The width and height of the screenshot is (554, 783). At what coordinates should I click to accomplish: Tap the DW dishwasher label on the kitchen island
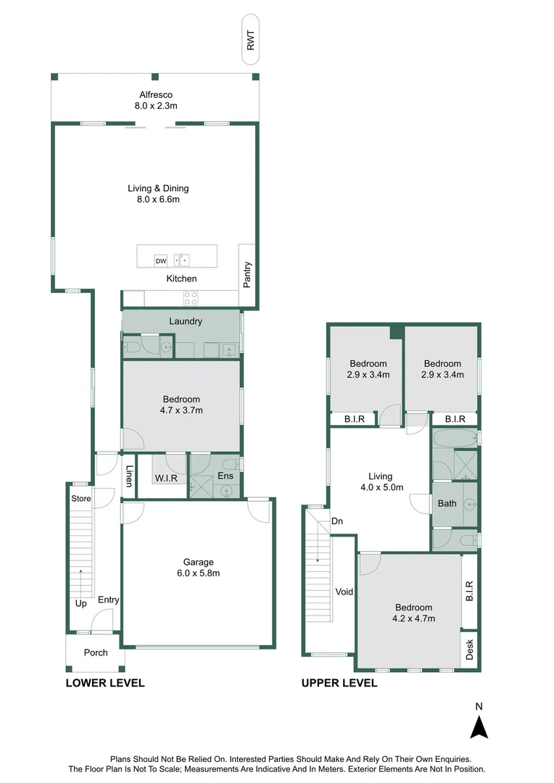[x=160, y=260]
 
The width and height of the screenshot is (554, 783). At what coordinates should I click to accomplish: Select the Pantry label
[x=247, y=275]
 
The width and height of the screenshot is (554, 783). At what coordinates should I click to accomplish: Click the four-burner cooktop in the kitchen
[x=191, y=299]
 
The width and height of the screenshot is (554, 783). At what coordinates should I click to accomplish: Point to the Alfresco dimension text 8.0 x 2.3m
[x=156, y=106]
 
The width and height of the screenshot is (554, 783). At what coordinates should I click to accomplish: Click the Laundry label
[x=185, y=321]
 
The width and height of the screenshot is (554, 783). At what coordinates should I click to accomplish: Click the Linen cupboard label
[x=129, y=476]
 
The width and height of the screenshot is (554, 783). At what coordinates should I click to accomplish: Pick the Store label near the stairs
[x=80, y=498]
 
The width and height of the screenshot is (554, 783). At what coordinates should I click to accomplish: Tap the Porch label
[x=95, y=652]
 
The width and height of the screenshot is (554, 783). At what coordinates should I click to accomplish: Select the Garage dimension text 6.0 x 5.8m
[x=198, y=573]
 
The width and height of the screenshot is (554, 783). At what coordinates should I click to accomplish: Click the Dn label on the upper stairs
[x=337, y=521]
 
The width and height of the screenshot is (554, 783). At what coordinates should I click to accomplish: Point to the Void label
[x=344, y=592]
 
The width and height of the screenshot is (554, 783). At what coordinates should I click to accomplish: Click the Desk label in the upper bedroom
[x=470, y=649]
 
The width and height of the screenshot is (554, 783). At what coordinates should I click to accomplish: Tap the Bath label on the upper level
[x=447, y=502]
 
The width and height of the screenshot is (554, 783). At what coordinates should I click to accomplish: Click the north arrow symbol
[x=478, y=726]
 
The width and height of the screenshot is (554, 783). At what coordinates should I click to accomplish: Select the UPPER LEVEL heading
[x=339, y=683]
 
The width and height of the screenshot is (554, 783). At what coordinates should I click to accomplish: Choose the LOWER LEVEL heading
[x=105, y=683]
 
